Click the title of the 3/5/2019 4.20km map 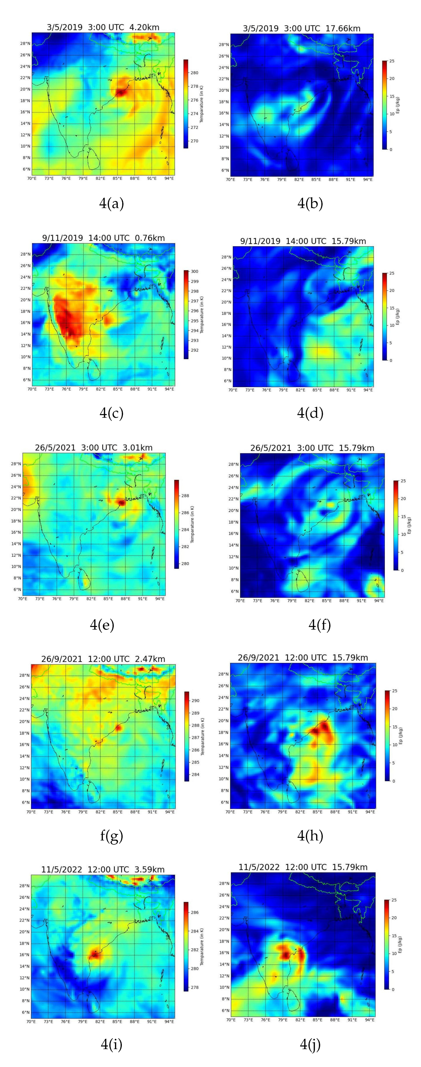[103, 27]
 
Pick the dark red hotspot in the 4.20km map [120, 92]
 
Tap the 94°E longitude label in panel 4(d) [368, 390]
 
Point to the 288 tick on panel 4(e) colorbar [185, 496]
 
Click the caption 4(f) [320, 625]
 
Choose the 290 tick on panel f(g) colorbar [195, 701]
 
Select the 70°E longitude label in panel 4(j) [231, 1019]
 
